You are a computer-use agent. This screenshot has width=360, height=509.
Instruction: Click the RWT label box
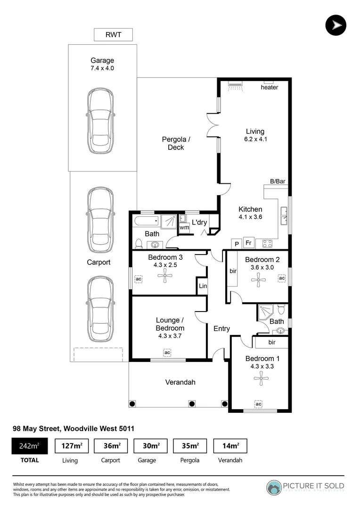(x=113, y=35)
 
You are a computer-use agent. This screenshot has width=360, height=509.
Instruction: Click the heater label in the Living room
(x=269, y=87)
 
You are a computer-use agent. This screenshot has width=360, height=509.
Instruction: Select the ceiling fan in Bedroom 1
(x=258, y=380)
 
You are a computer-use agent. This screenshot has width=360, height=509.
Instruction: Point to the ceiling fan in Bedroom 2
(x=258, y=281)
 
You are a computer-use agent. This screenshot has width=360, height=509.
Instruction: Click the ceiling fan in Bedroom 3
(x=165, y=279)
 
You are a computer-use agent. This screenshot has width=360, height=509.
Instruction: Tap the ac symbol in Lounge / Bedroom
(x=167, y=352)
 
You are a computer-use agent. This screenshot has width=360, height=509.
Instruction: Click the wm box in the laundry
(x=184, y=228)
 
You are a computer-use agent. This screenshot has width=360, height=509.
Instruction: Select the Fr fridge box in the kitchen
(x=248, y=243)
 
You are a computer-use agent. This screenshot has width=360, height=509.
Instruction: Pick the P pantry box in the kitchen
(x=237, y=244)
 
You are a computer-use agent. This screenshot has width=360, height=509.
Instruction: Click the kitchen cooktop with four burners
(x=268, y=244)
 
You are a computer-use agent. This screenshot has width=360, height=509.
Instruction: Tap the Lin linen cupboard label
(x=203, y=286)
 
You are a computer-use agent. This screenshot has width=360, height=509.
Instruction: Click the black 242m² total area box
(x=29, y=446)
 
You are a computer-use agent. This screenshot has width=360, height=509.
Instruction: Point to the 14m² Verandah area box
(x=230, y=446)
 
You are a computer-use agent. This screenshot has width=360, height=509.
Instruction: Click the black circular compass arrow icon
(x=335, y=25)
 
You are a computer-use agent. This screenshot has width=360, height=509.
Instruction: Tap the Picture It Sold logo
(x=305, y=487)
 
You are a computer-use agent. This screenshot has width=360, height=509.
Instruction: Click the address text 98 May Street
(x=73, y=428)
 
